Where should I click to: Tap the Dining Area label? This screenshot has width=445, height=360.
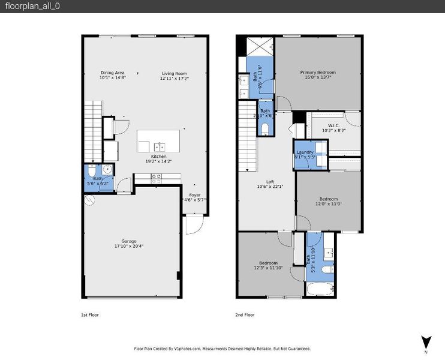(112, 73)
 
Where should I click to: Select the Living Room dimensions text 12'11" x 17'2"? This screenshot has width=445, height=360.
(174, 78)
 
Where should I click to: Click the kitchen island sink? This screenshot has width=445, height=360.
(160, 146)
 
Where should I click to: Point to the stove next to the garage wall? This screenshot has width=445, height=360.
(157, 178)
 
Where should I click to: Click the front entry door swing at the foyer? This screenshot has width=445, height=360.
(191, 225)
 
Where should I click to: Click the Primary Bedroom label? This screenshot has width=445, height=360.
(318, 72)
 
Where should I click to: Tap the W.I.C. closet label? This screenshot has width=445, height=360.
(334, 125)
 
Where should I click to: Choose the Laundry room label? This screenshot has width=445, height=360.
(305, 152)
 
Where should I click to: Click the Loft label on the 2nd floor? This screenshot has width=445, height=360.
(270, 182)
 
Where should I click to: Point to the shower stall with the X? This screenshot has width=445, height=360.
(260, 47)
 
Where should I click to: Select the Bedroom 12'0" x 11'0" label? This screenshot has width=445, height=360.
(328, 199)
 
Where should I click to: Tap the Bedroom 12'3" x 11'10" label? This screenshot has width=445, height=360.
(267, 263)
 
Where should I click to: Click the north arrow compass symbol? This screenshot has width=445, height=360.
(426, 342)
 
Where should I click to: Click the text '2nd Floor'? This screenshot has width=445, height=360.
(245, 314)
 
